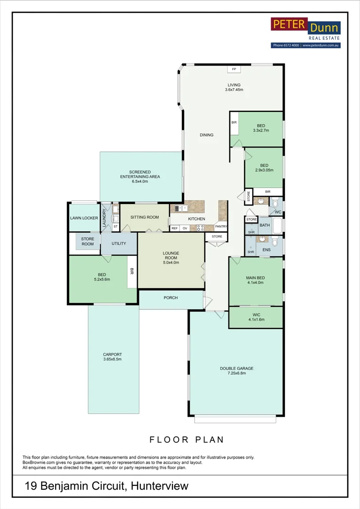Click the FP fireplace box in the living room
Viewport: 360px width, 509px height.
[x=234, y=69]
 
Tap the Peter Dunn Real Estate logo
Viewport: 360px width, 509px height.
[x=305, y=29]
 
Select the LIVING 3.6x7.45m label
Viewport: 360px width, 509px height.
[x=234, y=87]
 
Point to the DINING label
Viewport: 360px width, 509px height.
[x=206, y=135]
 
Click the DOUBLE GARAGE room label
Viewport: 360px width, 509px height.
[x=234, y=371]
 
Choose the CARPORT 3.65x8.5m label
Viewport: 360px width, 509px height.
[x=112, y=357]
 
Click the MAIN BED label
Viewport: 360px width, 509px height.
[x=255, y=280]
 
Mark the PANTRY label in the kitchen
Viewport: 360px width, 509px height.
[x=221, y=226]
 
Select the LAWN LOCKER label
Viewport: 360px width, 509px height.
[x=83, y=218]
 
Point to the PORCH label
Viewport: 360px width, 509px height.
[x=171, y=298]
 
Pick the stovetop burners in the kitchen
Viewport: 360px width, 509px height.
[x=200, y=228]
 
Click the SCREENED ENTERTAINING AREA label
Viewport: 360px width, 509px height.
[x=140, y=174]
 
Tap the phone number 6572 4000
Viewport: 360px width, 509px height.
[x=290, y=45]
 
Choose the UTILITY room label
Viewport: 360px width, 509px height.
[x=118, y=244]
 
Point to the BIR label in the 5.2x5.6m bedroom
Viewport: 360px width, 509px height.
[x=131, y=271]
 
